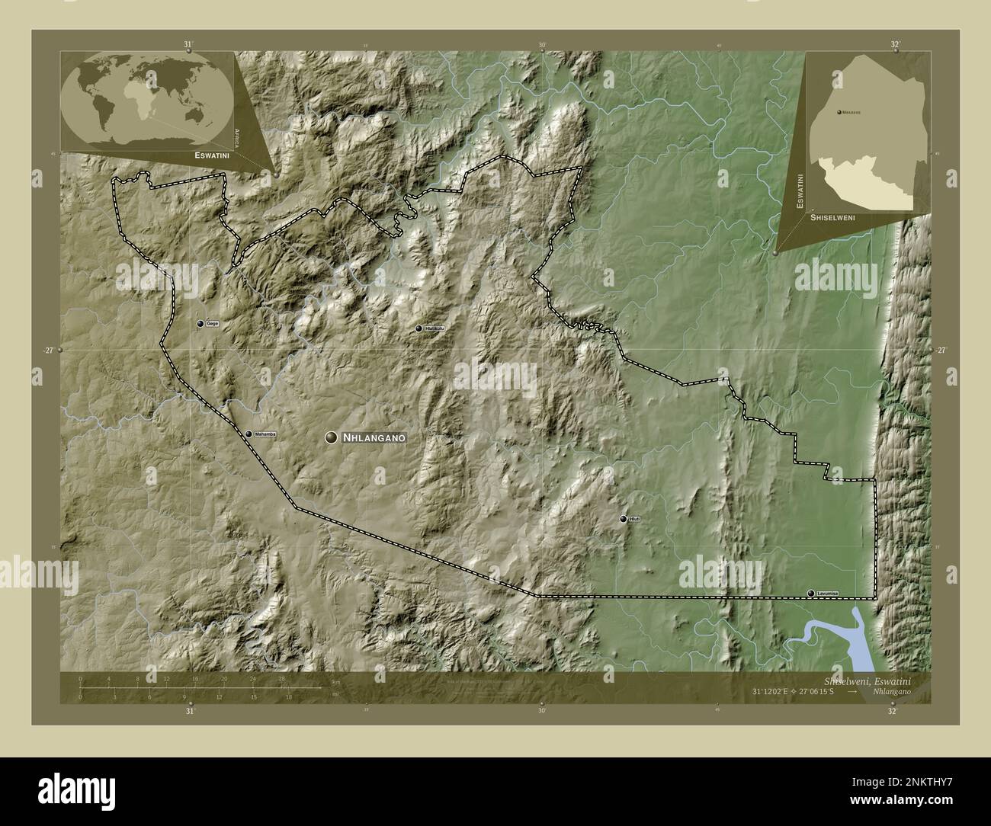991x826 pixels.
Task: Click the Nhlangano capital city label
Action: click(374, 437)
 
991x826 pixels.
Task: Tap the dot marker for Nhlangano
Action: click(331, 437)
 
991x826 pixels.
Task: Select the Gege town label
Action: click(213, 324)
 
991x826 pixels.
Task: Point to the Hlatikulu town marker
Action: click(419, 328)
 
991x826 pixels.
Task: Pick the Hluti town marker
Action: click(624, 519)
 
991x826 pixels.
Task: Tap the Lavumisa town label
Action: click(827, 593)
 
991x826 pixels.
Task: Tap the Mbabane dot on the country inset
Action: click(839, 112)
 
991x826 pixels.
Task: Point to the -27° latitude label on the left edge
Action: click(49, 350)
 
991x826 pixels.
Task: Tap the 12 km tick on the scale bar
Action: click(166, 678)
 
